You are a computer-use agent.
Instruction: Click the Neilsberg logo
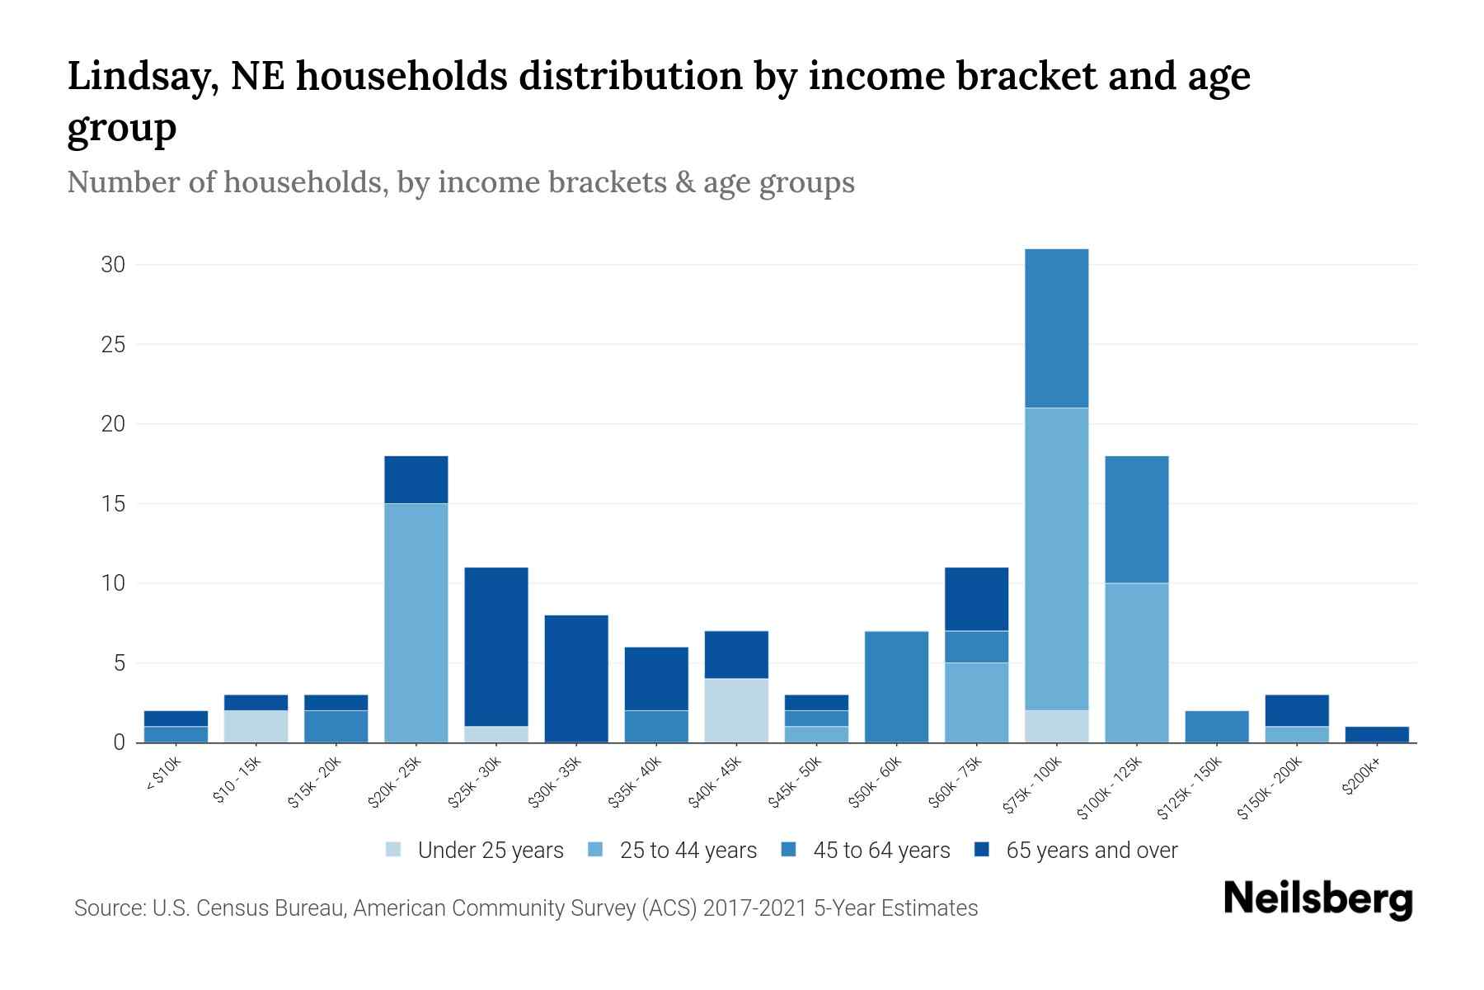(1318, 899)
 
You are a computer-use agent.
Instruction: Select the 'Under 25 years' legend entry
(474, 850)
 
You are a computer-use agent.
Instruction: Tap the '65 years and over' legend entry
(1076, 850)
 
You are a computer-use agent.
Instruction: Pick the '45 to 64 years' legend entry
(866, 850)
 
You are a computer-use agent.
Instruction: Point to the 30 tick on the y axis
(113, 265)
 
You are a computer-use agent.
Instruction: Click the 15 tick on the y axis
(113, 503)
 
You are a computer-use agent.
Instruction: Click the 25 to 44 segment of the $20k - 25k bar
(416, 623)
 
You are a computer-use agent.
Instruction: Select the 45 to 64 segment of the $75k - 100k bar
(1057, 328)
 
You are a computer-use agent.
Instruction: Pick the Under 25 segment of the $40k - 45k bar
(736, 710)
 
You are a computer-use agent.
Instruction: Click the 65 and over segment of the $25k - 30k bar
(496, 647)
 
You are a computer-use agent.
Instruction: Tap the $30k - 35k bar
(576, 679)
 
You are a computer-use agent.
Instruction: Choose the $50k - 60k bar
(897, 686)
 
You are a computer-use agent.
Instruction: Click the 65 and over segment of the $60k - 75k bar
(977, 599)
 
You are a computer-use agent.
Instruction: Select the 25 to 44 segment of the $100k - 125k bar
(1137, 662)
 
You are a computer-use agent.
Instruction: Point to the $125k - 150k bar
(1217, 727)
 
